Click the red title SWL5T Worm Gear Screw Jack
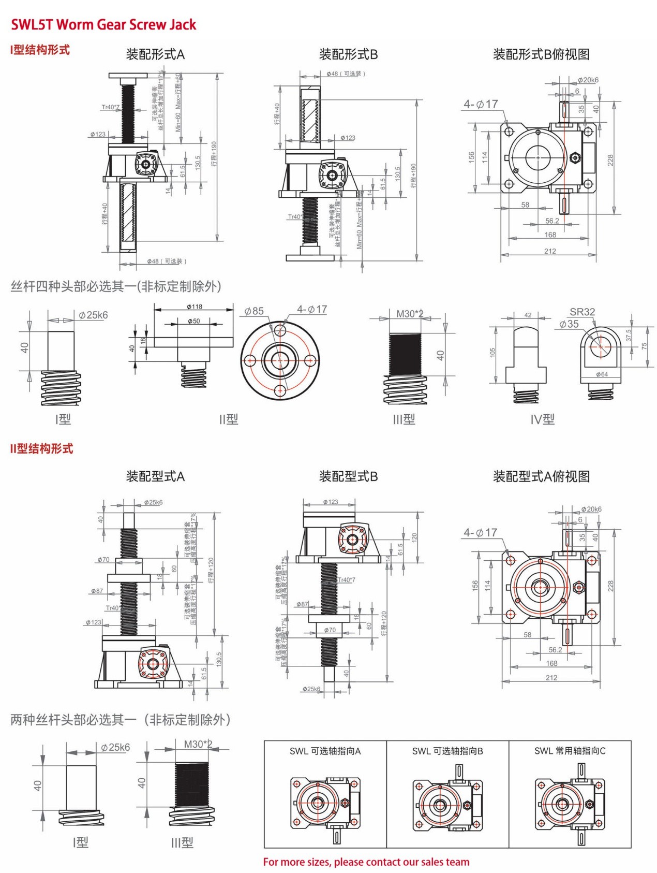point(103,24)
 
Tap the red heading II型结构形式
point(41,448)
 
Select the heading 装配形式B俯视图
point(541,54)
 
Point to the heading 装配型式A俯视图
point(541,476)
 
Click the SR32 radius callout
point(582,312)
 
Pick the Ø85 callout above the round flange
point(254,311)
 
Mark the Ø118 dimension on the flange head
point(195,307)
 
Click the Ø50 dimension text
point(194,321)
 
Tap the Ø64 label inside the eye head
point(602,374)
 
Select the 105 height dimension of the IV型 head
point(492,352)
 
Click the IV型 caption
point(542,419)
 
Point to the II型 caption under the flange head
point(228,419)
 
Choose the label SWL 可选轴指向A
point(325,751)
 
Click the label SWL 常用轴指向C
point(570,751)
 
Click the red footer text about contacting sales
point(366,862)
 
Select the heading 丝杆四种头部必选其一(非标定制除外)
point(116,286)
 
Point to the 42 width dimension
point(528,315)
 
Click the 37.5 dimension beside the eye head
point(629,336)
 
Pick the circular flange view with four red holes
point(280,360)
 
